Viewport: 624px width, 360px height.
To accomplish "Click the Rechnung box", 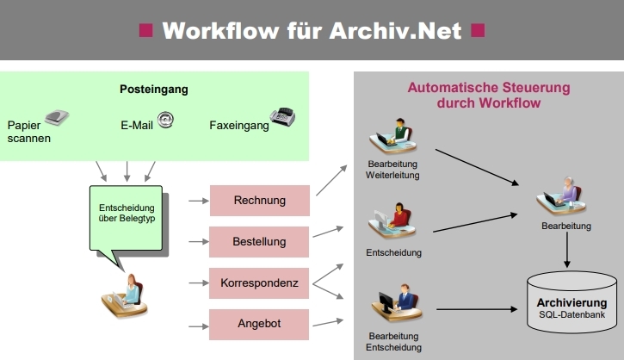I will pos(259,202).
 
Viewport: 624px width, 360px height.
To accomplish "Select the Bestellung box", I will pos(259,242).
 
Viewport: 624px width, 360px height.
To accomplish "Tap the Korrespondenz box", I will pos(259,282).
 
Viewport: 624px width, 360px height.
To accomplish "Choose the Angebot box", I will pos(259,324).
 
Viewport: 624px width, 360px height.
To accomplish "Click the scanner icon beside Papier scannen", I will pos(57,118).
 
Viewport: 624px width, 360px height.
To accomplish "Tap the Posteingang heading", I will pos(153,89).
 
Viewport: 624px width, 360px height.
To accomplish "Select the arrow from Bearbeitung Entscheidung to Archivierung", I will pos(474,308).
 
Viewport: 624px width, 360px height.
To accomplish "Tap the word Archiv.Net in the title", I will pos(395,31).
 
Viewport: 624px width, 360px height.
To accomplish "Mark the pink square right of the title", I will pos(479,31).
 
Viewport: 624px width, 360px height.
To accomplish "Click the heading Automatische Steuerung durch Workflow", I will pos(488,95).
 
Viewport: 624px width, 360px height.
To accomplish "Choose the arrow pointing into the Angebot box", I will pos(198,326).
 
